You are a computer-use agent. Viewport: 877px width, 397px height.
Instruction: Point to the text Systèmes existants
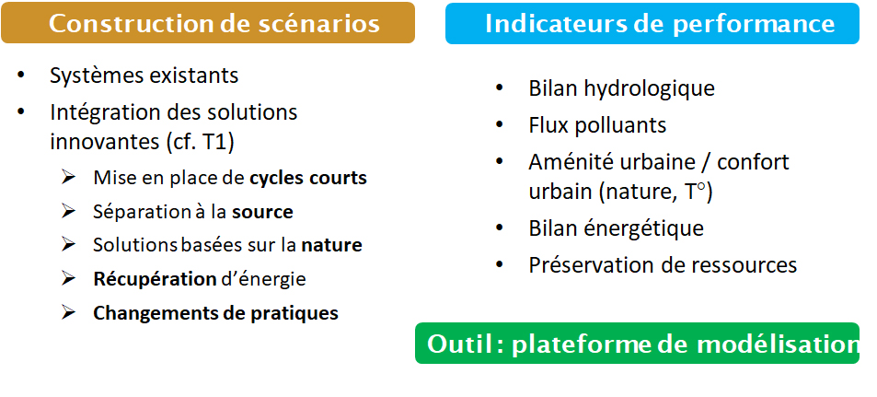coord(144,76)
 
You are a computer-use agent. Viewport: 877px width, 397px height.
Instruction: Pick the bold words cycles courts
coord(308,178)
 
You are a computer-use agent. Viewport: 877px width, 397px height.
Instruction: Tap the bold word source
coord(262,212)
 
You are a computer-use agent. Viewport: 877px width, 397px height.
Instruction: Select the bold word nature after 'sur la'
coord(331,245)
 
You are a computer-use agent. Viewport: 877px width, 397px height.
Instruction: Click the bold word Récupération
coord(155,279)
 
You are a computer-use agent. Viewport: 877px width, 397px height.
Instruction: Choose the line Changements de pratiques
coord(216,312)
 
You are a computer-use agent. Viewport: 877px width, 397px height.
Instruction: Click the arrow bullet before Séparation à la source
coord(68,211)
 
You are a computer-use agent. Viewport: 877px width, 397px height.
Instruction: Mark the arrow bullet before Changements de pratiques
coord(68,312)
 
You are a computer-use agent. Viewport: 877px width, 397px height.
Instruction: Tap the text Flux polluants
coord(597,125)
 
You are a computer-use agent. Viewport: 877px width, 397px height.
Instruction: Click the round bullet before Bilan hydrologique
coord(499,88)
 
